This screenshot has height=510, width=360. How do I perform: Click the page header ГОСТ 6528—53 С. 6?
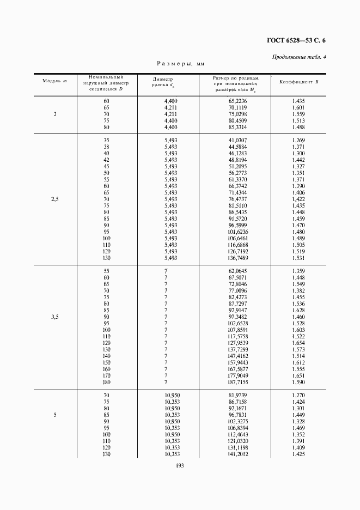(x=296, y=40)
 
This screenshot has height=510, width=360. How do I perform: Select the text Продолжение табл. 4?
(x=299, y=58)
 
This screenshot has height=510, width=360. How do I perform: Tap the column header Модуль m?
(x=54, y=81)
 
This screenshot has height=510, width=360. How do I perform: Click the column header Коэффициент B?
(x=299, y=81)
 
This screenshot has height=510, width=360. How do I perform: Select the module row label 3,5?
(x=54, y=317)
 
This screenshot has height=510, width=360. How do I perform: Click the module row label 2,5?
(x=54, y=199)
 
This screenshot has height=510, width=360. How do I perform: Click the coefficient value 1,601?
(x=298, y=108)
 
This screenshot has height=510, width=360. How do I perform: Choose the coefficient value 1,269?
(x=298, y=141)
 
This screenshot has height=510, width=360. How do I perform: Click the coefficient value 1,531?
(x=298, y=258)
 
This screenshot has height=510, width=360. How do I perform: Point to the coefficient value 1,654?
(x=298, y=343)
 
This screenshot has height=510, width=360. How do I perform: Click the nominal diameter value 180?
(x=106, y=382)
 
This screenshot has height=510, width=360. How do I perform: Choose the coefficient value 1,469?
(x=298, y=428)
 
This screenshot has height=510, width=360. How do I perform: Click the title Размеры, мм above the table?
(x=180, y=64)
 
